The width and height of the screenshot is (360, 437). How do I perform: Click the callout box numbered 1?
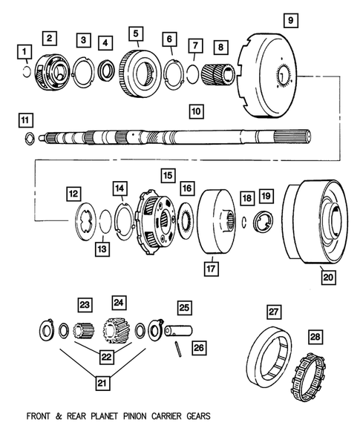25,51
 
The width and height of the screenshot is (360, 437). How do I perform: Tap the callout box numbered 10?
195,112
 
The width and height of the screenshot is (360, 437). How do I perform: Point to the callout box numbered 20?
327,277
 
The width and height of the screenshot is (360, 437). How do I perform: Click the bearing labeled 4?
106,72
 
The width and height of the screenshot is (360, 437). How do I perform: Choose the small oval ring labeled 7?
192,74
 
